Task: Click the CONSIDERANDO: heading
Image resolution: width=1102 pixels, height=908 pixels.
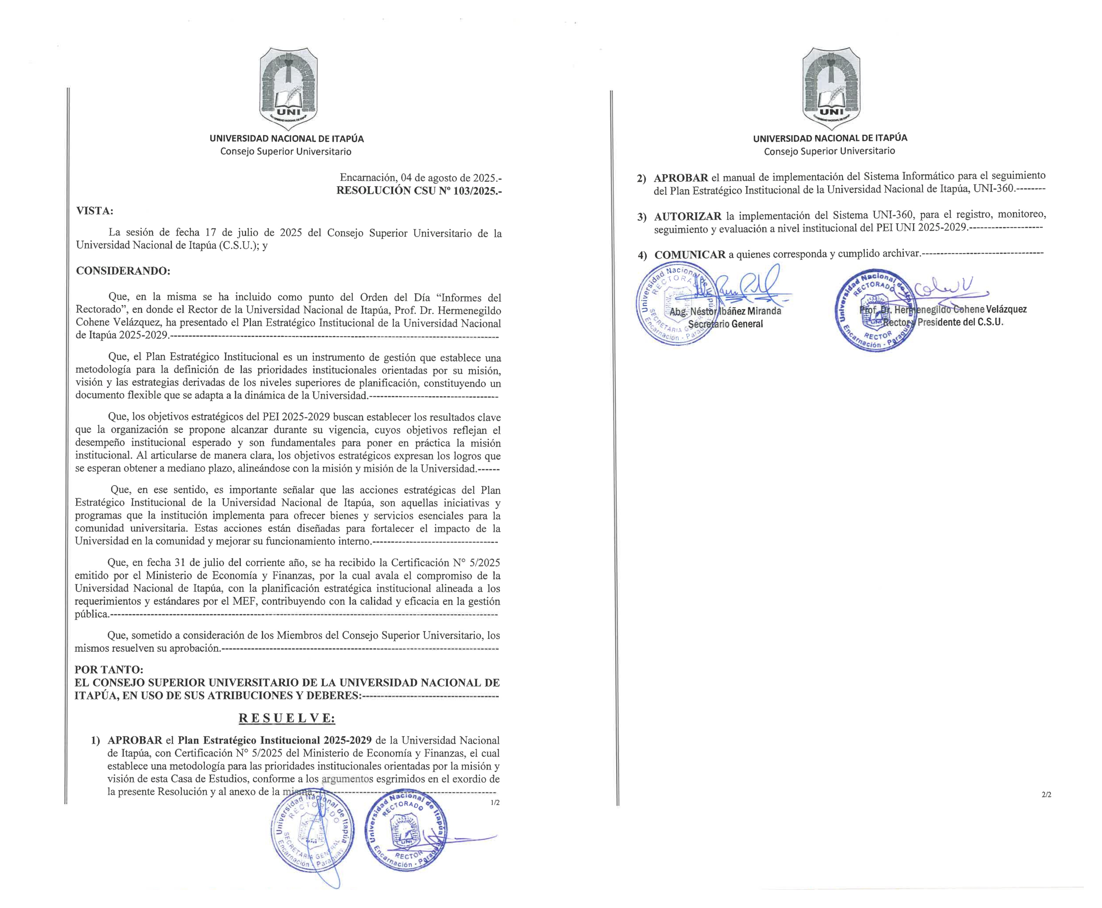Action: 123,271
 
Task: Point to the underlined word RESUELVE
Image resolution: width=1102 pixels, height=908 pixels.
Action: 287,718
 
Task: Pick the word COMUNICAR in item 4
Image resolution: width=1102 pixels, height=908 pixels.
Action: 690,255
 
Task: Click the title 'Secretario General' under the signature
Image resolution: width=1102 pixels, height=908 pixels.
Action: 726,324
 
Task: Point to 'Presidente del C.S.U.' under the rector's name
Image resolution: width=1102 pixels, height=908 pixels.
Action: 960,322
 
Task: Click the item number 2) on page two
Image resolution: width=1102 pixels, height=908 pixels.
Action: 641,178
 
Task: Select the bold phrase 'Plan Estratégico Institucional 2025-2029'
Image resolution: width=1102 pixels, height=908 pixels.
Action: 274,740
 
